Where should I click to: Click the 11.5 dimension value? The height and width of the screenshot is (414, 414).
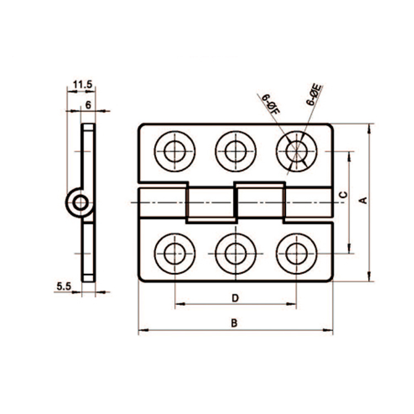(x=81, y=85)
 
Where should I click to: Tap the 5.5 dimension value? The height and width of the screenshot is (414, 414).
(x=63, y=286)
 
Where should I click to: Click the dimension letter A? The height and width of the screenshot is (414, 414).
(x=363, y=201)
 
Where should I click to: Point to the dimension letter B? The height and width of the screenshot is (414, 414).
(x=234, y=323)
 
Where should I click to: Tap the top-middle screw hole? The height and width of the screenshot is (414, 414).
(x=236, y=151)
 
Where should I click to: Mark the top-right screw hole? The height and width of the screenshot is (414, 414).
(x=296, y=151)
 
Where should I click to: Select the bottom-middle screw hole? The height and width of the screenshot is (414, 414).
(x=236, y=253)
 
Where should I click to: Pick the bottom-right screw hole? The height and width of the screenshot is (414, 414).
(x=296, y=253)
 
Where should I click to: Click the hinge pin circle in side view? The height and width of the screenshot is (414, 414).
(x=81, y=203)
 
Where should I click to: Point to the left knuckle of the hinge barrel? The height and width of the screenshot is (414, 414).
(x=209, y=205)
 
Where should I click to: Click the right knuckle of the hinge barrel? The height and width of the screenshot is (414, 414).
(x=260, y=202)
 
